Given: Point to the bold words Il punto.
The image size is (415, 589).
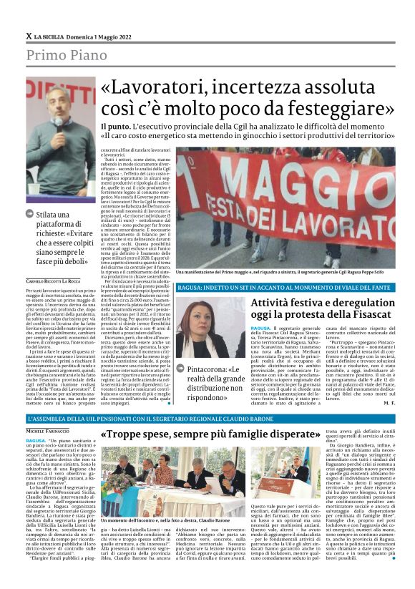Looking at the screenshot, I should [x=115, y=127].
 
